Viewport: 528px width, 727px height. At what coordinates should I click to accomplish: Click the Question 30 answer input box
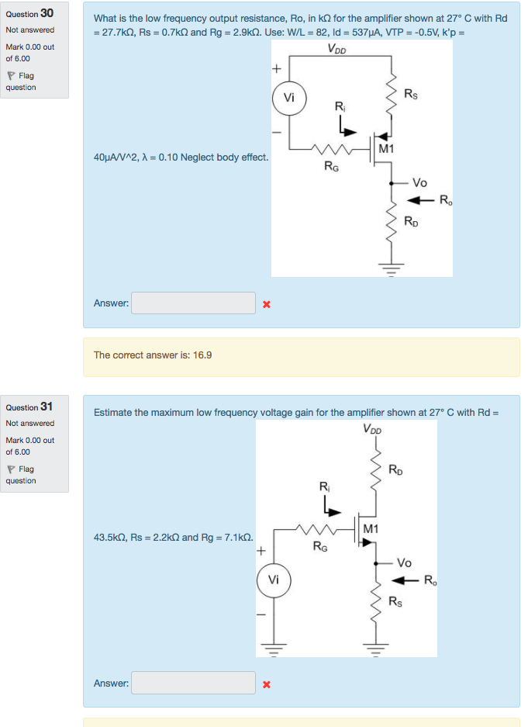point(193,303)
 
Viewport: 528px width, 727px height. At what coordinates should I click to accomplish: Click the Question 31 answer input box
point(193,683)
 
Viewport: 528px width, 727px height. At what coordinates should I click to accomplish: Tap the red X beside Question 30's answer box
point(266,304)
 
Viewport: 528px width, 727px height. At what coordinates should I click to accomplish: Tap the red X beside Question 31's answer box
point(266,684)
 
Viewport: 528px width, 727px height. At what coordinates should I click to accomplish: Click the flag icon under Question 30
point(11,76)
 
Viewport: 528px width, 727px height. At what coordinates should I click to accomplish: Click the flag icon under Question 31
point(11,469)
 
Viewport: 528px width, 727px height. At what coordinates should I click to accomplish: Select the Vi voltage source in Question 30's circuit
point(289,99)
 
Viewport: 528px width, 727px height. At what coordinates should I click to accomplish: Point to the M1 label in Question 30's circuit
point(386,148)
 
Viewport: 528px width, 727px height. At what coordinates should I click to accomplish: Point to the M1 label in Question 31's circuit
point(371,528)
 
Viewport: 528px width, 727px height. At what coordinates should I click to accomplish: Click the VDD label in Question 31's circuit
point(371,429)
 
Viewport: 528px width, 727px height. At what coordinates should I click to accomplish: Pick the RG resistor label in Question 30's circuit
point(330,165)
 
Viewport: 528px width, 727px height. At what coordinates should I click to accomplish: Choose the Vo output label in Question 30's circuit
point(419,183)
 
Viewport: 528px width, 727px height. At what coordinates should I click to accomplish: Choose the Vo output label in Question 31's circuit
point(404,563)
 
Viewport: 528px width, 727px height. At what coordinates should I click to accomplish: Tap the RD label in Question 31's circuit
point(395,469)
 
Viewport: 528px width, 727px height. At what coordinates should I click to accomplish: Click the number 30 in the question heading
point(47,13)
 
